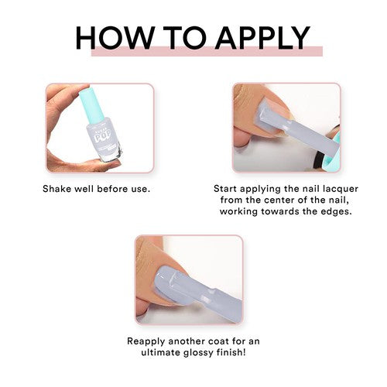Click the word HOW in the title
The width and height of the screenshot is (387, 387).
(x=114, y=38)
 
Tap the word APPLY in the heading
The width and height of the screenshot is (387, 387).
(x=262, y=38)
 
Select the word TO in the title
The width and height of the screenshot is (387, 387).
(x=185, y=38)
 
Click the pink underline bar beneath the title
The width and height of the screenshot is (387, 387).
(x=207, y=51)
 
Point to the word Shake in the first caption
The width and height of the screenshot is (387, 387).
(x=57, y=189)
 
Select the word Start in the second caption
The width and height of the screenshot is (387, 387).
(x=225, y=189)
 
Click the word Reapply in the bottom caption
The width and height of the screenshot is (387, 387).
(x=146, y=341)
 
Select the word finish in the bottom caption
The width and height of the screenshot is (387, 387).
(x=231, y=352)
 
